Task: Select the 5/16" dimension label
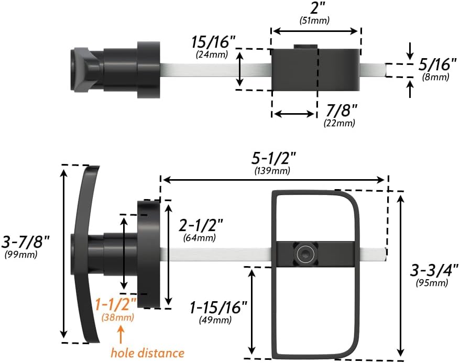coord(435,65)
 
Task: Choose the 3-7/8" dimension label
coord(26,241)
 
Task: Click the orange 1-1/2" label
coord(117,303)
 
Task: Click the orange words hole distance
coord(147,353)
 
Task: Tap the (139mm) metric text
coord(273,170)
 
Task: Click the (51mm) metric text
coord(318,20)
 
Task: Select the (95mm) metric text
coord(432,283)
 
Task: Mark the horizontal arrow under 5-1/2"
coord(274,180)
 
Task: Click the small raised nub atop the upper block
coord(305,47)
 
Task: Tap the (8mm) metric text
coord(436,77)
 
